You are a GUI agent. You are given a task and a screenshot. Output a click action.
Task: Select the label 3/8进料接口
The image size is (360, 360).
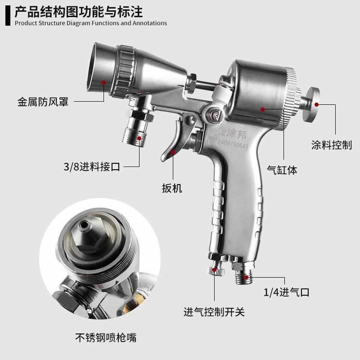[x=92, y=167]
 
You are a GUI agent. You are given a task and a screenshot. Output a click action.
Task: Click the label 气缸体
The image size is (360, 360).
[x=282, y=170]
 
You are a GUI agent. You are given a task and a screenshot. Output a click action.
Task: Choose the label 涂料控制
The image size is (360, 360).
[x=332, y=145]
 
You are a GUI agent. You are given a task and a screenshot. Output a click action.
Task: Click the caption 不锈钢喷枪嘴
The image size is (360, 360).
[x=106, y=337]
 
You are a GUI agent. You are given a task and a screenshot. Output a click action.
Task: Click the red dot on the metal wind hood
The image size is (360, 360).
[x=104, y=82]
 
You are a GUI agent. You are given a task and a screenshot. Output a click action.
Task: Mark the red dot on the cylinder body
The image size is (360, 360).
[x=263, y=108]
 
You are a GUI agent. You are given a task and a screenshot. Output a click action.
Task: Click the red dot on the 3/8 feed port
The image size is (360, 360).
[x=140, y=138]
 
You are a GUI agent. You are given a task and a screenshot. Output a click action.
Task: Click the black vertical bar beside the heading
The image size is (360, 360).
[x=8, y=15]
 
